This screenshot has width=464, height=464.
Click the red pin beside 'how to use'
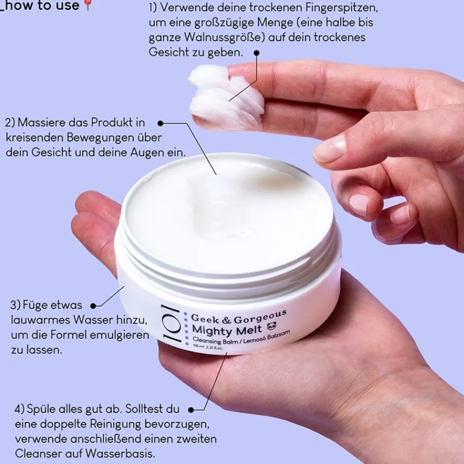(88, 5)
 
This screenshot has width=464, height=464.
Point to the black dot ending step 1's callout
(257, 53)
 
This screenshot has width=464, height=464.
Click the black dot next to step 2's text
(160, 123)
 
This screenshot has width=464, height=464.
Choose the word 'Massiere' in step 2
(42, 123)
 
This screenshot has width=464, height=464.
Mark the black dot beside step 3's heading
(93, 306)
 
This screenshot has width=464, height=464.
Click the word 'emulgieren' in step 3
(119, 336)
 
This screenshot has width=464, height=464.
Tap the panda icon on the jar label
(271, 326)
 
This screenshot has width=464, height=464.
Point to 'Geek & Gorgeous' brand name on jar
(239, 317)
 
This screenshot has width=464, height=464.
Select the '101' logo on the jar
(171, 323)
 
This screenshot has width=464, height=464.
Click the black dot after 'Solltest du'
(191, 410)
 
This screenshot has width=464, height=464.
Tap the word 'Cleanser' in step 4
(39, 454)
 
